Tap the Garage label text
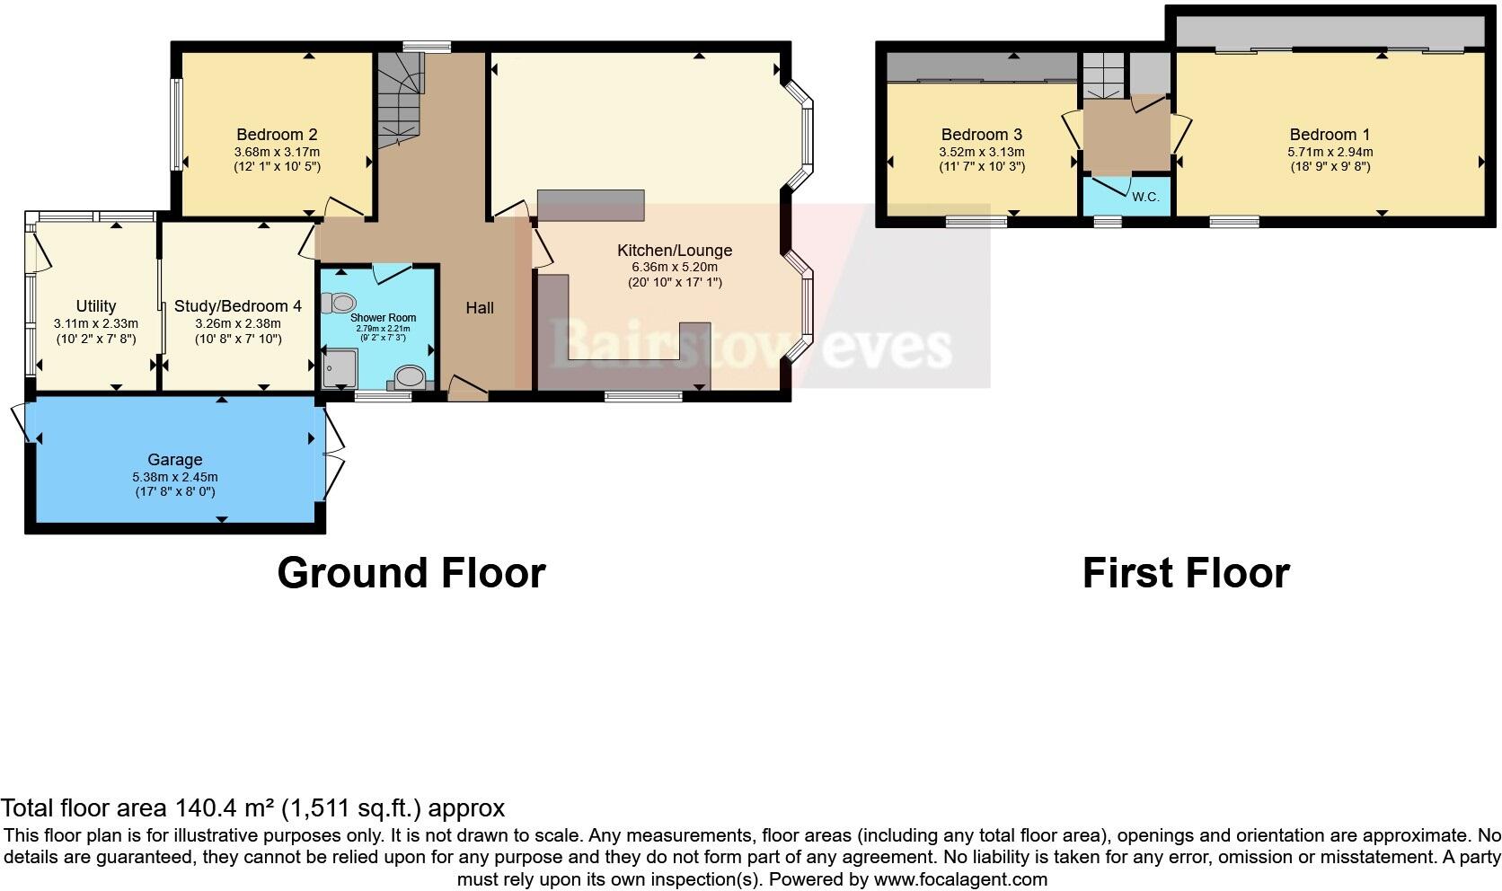(x=175, y=459)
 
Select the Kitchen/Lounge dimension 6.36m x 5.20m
(x=674, y=268)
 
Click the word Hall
(x=480, y=308)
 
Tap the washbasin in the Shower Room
(x=410, y=377)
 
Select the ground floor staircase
(x=398, y=99)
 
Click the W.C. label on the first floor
(x=1145, y=197)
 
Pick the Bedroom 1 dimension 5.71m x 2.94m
(x=1330, y=153)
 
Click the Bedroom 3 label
(x=982, y=135)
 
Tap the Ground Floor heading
(x=411, y=573)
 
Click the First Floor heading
(x=1186, y=573)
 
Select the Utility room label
(x=96, y=306)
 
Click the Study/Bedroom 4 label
(x=238, y=306)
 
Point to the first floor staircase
(x=1102, y=76)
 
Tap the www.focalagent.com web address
(x=959, y=879)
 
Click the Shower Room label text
(x=383, y=318)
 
